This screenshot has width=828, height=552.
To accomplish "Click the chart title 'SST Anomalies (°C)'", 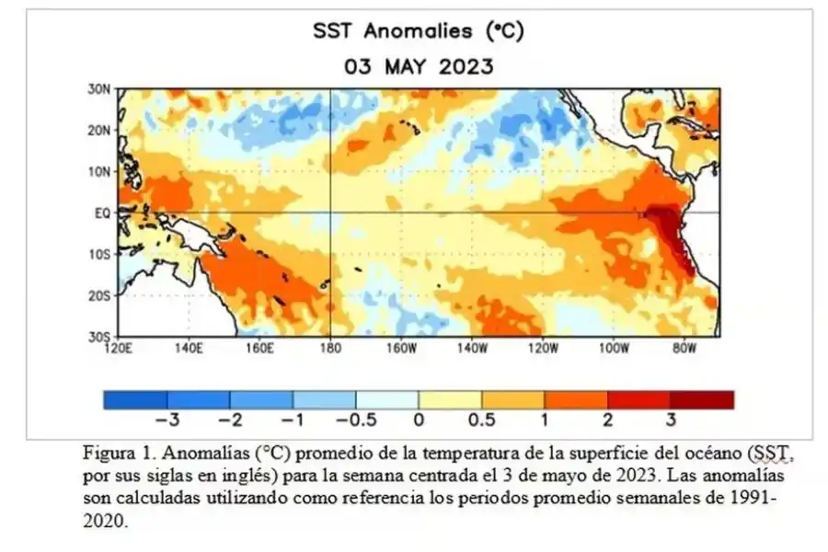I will click(418, 31).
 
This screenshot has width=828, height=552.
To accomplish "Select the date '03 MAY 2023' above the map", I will click(418, 67).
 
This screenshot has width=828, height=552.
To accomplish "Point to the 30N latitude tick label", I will click(99, 89).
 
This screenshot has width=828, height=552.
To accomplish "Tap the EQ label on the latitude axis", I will click(102, 213).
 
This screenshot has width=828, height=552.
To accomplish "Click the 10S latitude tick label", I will click(99, 254).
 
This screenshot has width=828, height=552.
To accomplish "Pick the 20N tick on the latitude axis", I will click(99, 131).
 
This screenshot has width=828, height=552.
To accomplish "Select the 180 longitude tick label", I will click(330, 349).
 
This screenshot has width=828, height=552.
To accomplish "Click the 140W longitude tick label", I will click(471, 349).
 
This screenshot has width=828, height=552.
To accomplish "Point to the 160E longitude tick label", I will click(259, 349).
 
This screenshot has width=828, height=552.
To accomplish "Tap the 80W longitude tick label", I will click(684, 349).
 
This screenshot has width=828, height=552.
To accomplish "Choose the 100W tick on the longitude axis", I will click(613, 349).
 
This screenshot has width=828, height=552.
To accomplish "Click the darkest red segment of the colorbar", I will click(702, 399).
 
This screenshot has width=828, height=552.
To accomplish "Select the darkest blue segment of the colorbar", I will click(135, 399).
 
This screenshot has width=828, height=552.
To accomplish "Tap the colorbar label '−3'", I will click(165, 420).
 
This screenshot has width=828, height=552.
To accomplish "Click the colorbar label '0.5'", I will click(481, 420).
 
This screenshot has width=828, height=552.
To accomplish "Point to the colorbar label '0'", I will click(419, 420).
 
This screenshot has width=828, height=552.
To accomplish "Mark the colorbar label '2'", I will click(607, 420).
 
